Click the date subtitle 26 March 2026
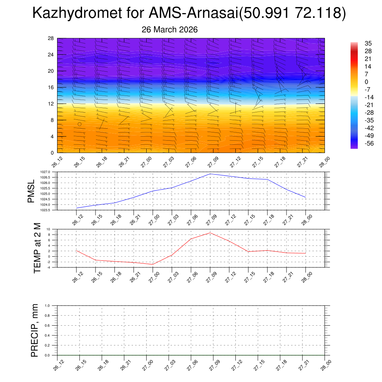click(170, 29)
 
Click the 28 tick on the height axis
click(51, 38)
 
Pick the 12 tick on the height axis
click(51, 104)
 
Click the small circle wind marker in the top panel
click(79, 124)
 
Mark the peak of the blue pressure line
click(210, 174)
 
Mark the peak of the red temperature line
click(210, 233)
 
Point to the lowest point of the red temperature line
click(153, 264)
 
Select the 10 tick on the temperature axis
click(48, 229)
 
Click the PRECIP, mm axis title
click(35, 331)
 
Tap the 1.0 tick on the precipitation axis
click(47, 306)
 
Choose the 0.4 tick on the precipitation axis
click(47, 335)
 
